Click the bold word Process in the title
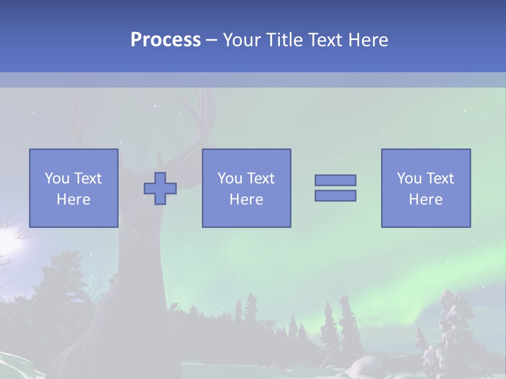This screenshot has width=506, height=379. pyautogui.click(x=166, y=40)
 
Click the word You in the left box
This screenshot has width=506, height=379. pyautogui.click(x=56, y=178)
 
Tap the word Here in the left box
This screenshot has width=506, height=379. pyautogui.click(x=73, y=200)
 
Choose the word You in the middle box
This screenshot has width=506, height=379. pyautogui.click(x=229, y=178)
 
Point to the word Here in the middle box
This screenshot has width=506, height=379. pyautogui.click(x=246, y=200)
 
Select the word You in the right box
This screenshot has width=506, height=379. pyautogui.click(x=408, y=178)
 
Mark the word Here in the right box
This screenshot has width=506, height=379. pyautogui.click(x=425, y=200)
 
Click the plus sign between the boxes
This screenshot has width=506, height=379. pyautogui.click(x=160, y=188)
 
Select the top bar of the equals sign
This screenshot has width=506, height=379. pyautogui.click(x=335, y=180)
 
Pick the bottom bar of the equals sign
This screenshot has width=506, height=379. pyautogui.click(x=335, y=196)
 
